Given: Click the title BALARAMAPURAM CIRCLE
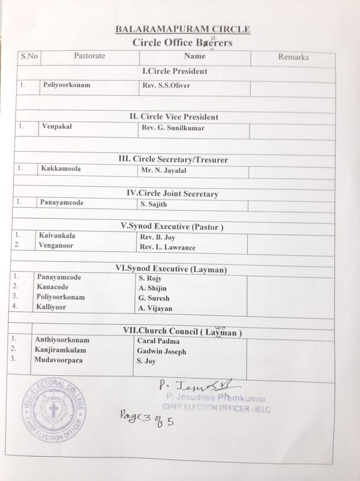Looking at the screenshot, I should coord(183,30).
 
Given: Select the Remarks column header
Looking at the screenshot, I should coord(293,57).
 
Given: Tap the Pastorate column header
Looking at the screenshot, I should coord(89,56).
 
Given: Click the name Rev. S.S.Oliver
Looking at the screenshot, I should coord(166,85).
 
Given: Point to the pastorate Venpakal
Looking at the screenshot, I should coord(57,126).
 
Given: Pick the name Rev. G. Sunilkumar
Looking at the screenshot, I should coord(173,128).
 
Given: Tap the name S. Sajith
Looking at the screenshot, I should coord(153,204).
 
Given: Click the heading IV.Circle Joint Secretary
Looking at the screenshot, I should coord(173,194).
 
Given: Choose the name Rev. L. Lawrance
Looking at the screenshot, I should coord(168,248).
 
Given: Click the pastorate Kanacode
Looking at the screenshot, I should coord(53,287).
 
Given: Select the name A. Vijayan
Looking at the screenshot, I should coord(155,309).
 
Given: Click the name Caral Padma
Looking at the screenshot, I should coord(158,341).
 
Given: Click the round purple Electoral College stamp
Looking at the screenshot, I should coord(54,410).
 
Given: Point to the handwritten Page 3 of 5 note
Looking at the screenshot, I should coord(146,417).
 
